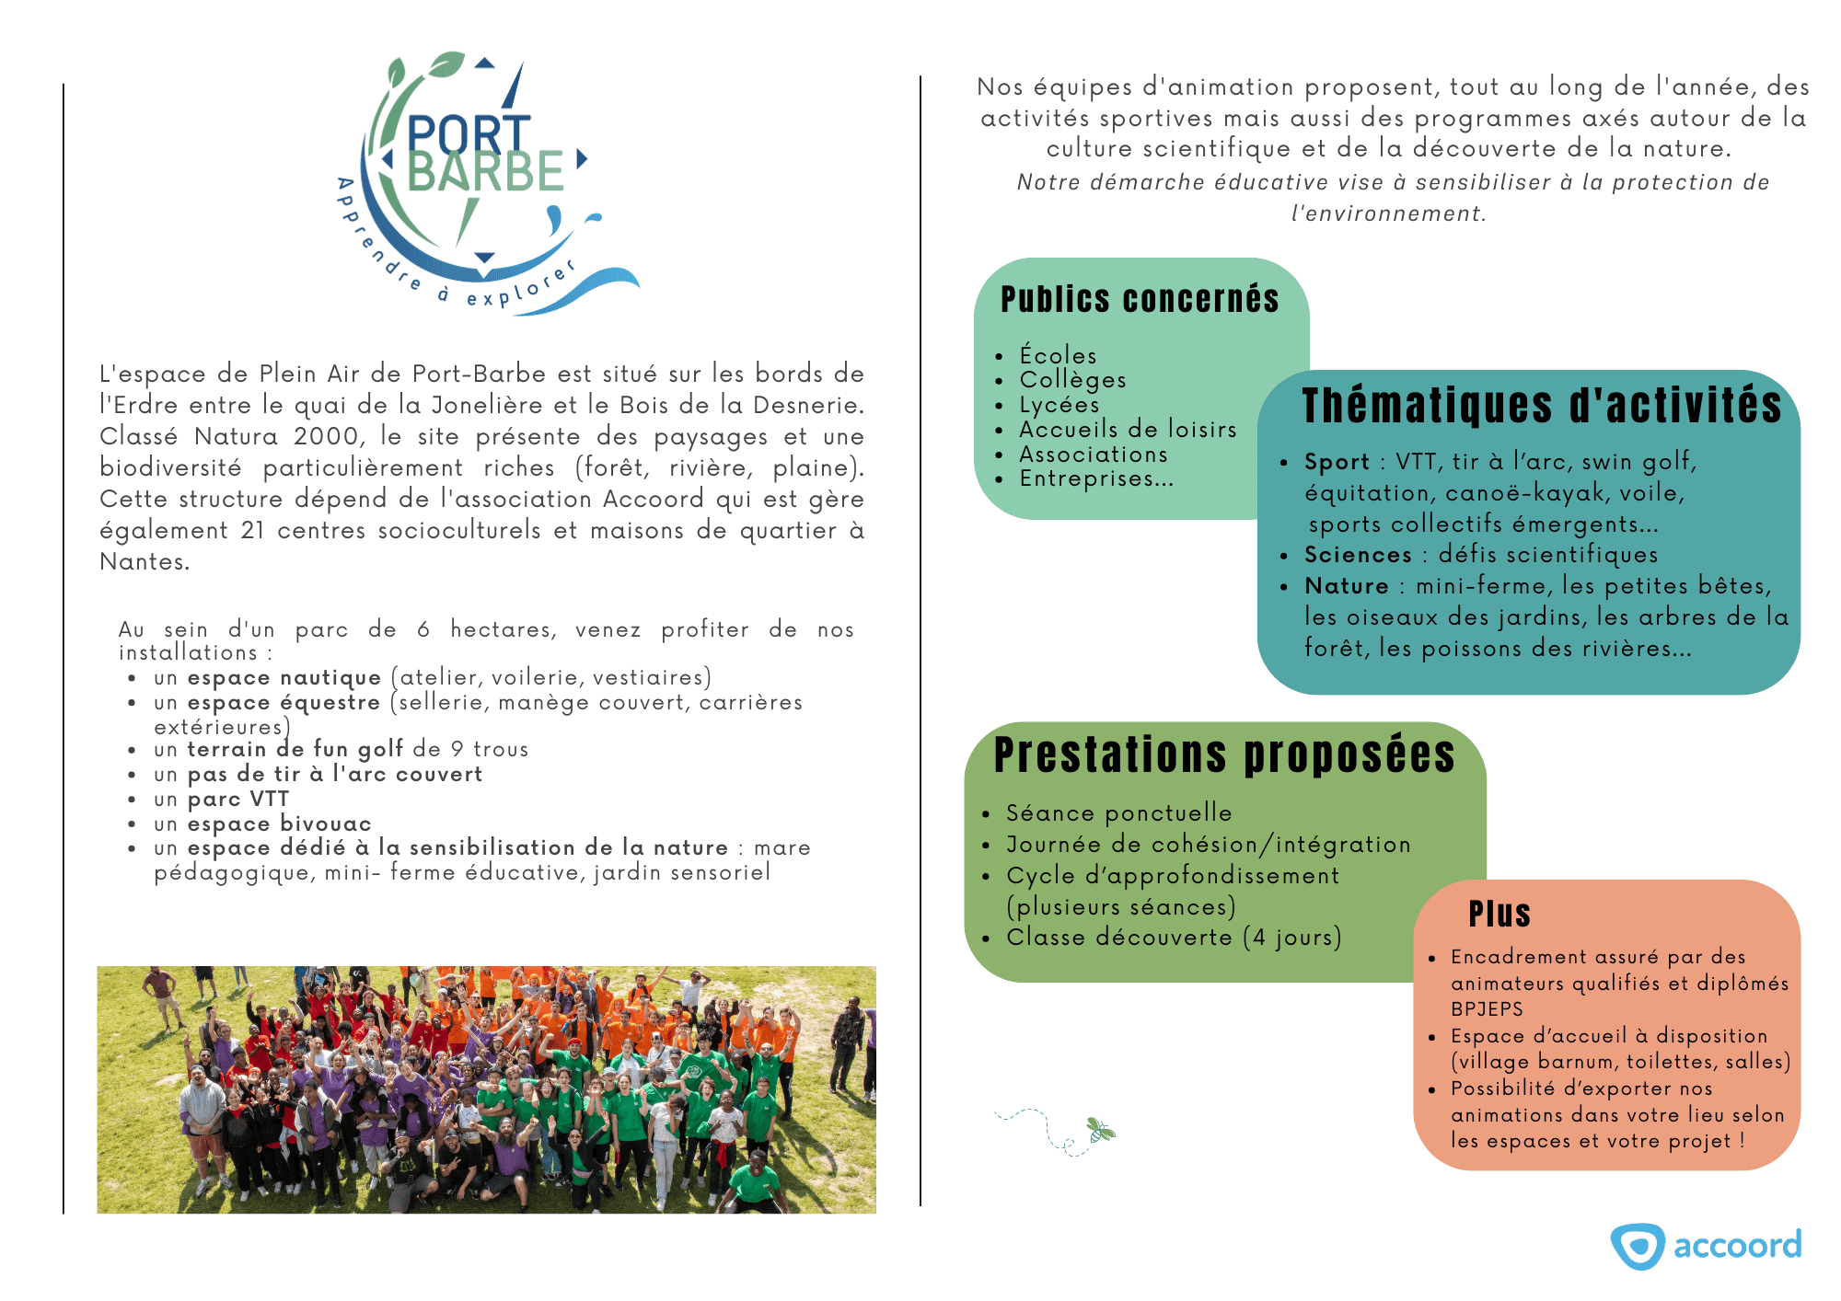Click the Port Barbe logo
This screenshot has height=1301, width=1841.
click(x=485, y=179)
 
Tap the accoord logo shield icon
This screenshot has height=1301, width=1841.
click(x=1637, y=1247)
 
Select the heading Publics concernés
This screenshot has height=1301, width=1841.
click(x=1140, y=300)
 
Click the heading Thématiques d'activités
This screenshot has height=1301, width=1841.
click(x=1542, y=406)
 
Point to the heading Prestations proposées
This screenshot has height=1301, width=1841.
click(x=1224, y=755)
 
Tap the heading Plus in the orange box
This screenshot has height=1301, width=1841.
click(x=1499, y=914)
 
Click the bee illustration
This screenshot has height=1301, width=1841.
click(x=1099, y=1130)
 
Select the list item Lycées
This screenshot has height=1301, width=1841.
click(x=1059, y=405)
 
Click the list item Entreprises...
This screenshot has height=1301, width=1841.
click(x=1095, y=478)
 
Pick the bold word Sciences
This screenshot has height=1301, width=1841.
click(x=1358, y=555)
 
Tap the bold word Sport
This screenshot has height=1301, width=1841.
click(x=1337, y=462)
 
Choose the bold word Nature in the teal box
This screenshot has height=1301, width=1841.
click(x=1346, y=586)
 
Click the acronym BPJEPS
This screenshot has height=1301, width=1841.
click(x=1487, y=1008)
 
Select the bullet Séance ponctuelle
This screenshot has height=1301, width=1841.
click(x=1118, y=813)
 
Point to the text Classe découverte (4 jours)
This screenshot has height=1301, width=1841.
click(x=1174, y=938)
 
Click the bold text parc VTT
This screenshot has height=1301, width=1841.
click(x=238, y=799)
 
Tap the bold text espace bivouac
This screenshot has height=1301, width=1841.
click(x=279, y=823)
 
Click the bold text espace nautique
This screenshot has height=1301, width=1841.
click(x=284, y=678)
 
